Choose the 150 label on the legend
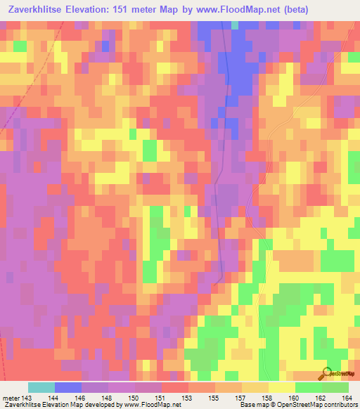click(x=128, y=398)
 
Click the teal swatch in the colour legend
click(x=41, y=387)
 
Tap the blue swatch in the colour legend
click(x=67, y=387)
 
